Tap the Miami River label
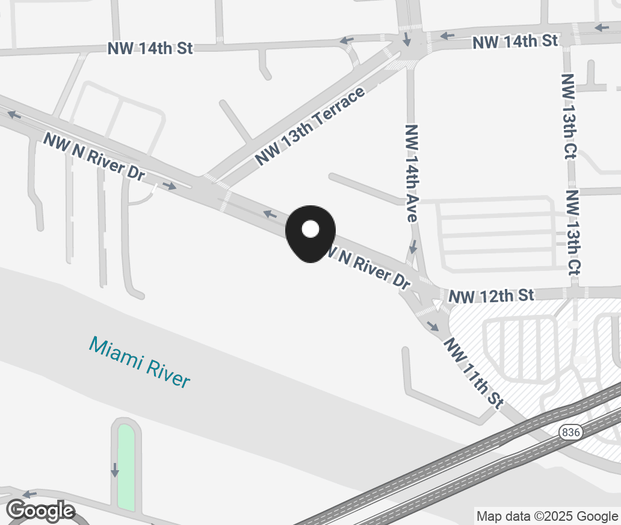pos(140,362)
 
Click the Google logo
pos(41,511)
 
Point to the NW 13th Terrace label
pos(310,126)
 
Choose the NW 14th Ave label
pos(412,173)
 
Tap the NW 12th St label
pos(491,296)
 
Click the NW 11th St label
pos(473,373)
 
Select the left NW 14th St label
pos(150,48)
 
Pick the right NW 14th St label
pos(515,41)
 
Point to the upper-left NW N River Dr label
pos(94,156)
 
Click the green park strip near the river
pos(126,467)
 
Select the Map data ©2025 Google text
pos(547,516)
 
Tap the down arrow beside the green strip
pos(114,470)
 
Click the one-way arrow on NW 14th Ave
pos(413,247)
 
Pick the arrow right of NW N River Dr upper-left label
pos(170,186)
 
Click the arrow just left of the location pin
pos(270,213)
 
